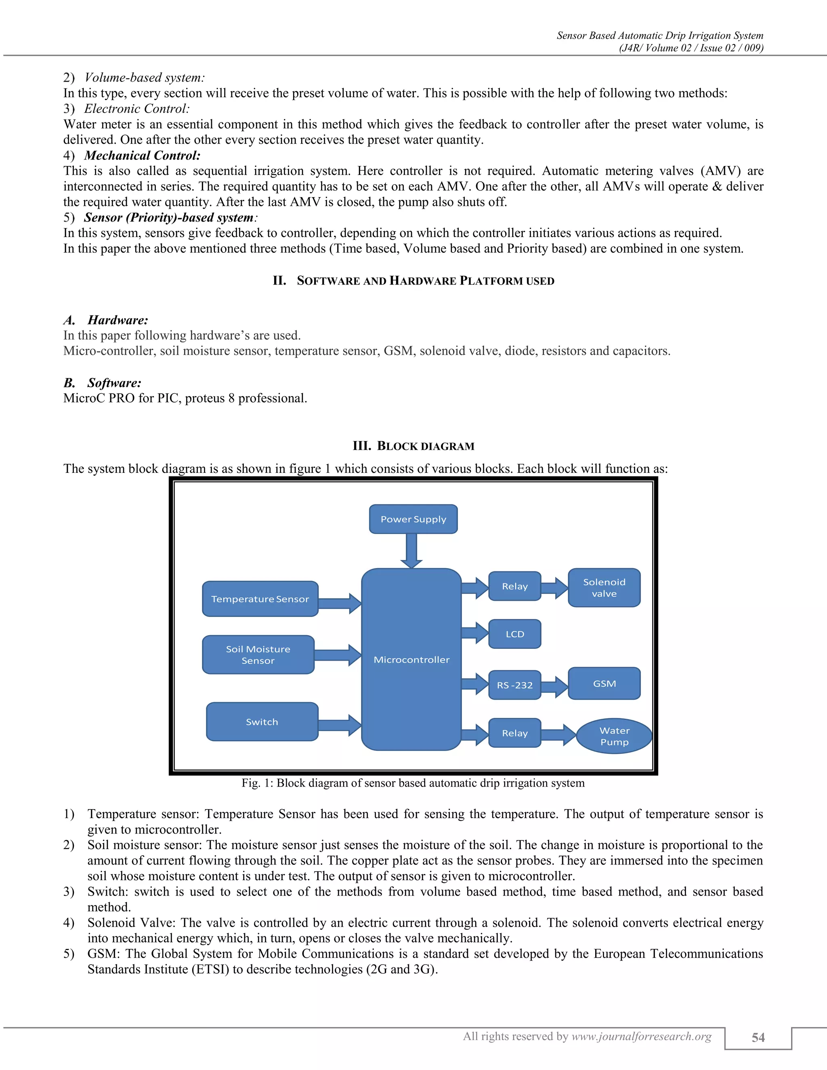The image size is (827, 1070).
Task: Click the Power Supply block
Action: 413,519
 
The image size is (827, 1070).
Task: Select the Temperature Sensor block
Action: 260,599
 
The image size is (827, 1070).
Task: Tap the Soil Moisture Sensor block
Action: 258,655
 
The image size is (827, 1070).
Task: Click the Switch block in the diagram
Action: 262,722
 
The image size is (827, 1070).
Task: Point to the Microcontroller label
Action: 411,659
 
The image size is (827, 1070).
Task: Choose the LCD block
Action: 514,634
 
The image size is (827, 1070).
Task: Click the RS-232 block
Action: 514,685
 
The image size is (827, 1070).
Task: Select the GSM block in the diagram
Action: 604,684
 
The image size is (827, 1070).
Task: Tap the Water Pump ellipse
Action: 614,736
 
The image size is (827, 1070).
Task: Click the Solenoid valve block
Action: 604,587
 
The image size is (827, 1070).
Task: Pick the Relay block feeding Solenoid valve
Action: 514,586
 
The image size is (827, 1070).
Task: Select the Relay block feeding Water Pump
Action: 514,733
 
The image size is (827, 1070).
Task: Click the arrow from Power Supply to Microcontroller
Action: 411,551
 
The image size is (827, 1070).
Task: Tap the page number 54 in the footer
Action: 758,1037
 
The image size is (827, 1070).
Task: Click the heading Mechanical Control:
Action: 142,155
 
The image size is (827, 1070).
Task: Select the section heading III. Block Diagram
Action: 413,446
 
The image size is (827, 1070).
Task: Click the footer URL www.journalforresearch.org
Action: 641,1036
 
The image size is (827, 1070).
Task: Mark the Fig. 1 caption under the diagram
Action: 413,783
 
